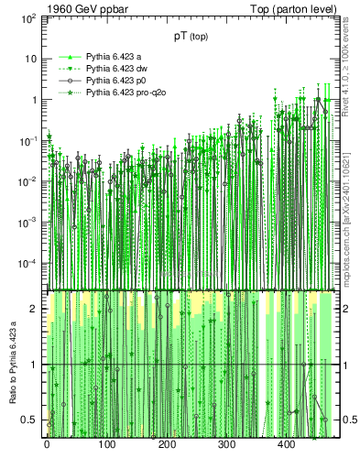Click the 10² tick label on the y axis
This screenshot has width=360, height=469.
click(x=27, y=18)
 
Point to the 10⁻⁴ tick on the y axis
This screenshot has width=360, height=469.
click(x=27, y=264)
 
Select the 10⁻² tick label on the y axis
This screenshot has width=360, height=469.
click(x=27, y=181)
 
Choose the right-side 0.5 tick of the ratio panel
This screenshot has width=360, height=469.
click(x=336, y=420)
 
